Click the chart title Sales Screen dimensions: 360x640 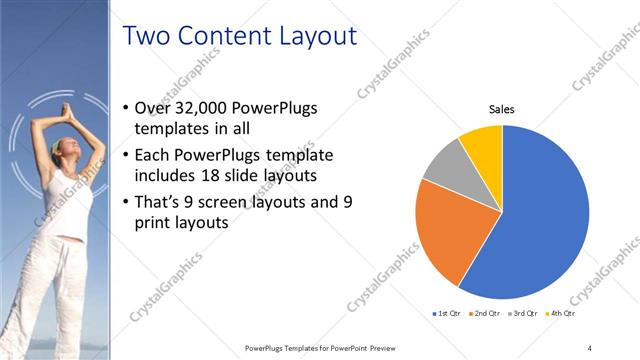[x=502, y=109]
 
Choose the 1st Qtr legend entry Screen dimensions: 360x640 [x=446, y=314]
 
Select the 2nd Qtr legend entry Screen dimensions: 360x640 [x=484, y=314]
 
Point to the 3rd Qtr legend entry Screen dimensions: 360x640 [x=522, y=314]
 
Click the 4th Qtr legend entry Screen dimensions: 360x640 [x=559, y=314]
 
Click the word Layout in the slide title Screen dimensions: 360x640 [x=306, y=37]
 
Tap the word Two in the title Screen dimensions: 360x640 [x=147, y=37]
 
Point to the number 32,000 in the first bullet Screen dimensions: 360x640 [x=200, y=108]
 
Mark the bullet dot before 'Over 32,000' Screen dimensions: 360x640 [x=124, y=108]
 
